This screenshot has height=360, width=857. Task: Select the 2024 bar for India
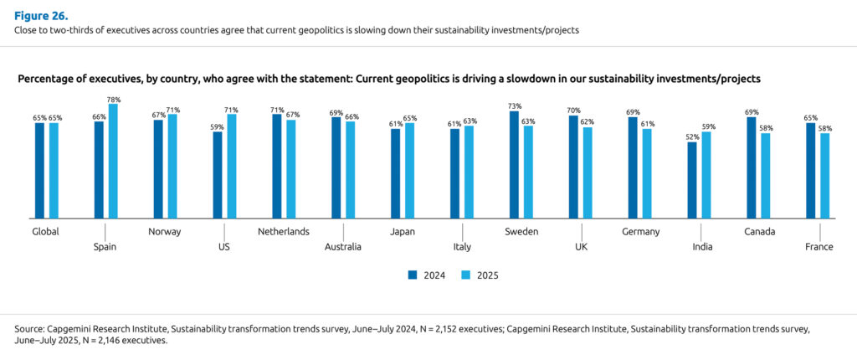692,181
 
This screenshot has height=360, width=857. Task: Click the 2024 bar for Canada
752,168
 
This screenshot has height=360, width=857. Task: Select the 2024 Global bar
39,172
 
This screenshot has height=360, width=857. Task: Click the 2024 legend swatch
412,275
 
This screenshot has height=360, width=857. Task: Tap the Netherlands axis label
284,231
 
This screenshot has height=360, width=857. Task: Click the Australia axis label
343,247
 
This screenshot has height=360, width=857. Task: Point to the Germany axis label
641,231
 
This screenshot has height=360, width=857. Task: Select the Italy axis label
462,247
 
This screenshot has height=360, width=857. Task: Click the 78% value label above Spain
114,100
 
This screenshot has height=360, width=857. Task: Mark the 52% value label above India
692,137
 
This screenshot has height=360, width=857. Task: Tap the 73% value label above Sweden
514,106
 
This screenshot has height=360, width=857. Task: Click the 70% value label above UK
573,111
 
